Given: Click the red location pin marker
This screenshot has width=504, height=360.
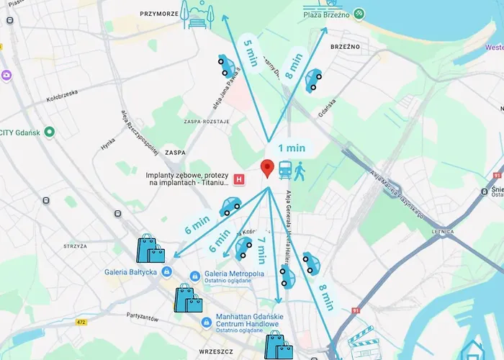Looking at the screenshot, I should point(267,168).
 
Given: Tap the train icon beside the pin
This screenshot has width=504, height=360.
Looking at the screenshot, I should point(285,171).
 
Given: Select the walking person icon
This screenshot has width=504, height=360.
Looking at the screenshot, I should point(300,171).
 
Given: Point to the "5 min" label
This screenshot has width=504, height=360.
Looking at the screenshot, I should point(251,51).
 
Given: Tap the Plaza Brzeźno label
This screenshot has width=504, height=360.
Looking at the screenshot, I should point(327,14).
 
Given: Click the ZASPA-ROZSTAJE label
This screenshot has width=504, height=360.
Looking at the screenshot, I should point(207,122).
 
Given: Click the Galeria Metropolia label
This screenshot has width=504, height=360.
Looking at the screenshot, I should point(235,273).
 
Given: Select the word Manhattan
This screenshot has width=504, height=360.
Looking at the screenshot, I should point(239,317).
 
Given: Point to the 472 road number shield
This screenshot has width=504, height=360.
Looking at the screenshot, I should point(81,322).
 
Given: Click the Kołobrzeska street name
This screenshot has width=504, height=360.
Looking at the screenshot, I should point(62,100).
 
